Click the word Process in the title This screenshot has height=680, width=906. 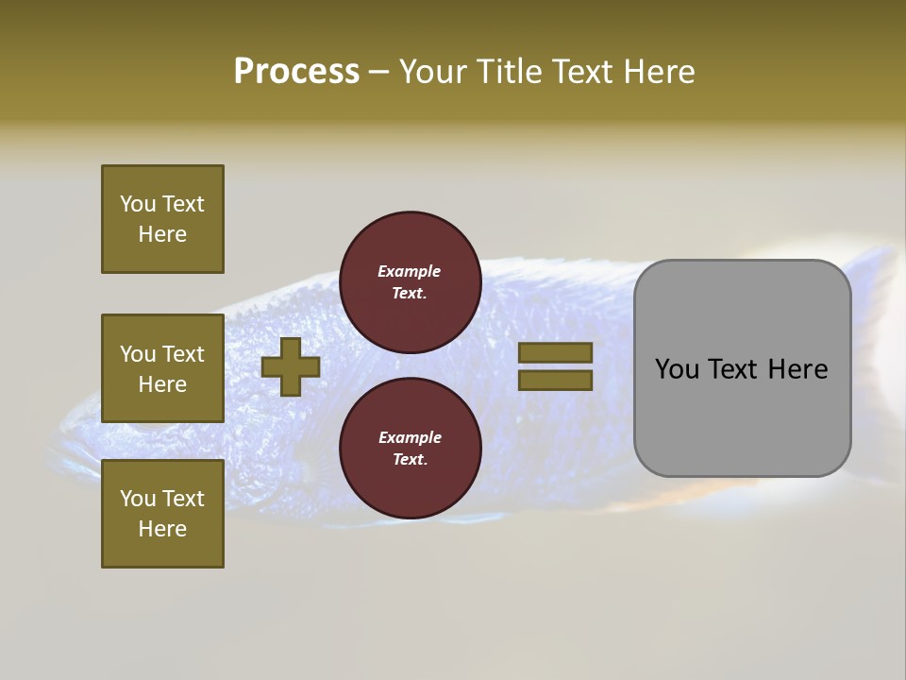[296, 72]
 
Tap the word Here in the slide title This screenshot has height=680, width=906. [658, 72]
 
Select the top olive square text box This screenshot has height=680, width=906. [162, 219]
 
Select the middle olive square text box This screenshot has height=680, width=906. [162, 368]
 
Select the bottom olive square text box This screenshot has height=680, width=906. [162, 514]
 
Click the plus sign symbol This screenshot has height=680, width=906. [290, 366]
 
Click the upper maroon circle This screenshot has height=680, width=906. [410, 282]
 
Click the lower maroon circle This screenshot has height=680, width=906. [410, 449]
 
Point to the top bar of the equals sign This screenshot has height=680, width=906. [555, 352]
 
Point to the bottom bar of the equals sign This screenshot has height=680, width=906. [555, 380]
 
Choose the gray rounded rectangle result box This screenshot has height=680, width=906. [742, 368]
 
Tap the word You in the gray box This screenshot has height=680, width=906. [677, 369]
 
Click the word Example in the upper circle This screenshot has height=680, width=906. [410, 271]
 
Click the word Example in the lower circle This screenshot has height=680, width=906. [410, 437]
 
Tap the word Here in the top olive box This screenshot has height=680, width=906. [162, 234]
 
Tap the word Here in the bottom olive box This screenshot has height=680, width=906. [162, 529]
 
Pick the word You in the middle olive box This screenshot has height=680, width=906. [137, 354]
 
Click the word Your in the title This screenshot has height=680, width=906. [431, 72]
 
